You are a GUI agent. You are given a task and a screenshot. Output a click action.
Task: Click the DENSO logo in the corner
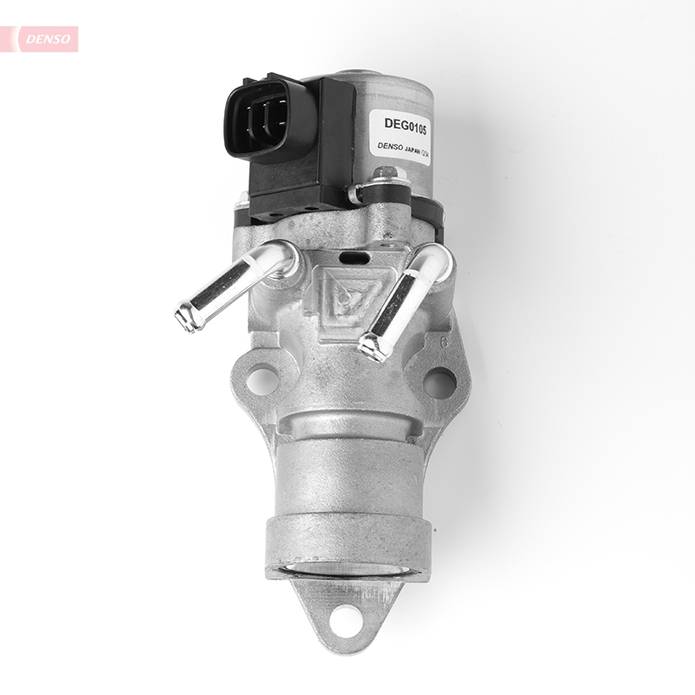click(43, 38)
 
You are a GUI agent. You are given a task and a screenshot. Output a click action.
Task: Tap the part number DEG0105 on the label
click(400, 124)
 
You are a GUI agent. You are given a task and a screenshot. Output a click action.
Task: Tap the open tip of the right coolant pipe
click(371, 347)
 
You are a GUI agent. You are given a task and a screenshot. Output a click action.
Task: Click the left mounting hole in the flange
click(261, 380)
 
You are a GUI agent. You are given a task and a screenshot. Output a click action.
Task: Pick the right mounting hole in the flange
click(440, 381)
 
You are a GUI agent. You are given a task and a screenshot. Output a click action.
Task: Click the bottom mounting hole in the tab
click(346, 619)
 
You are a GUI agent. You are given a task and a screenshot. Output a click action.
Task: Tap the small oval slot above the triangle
click(353, 258)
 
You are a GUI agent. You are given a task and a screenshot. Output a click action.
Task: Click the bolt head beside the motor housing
click(385, 184)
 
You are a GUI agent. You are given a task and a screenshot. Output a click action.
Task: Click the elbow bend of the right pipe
click(432, 260)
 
